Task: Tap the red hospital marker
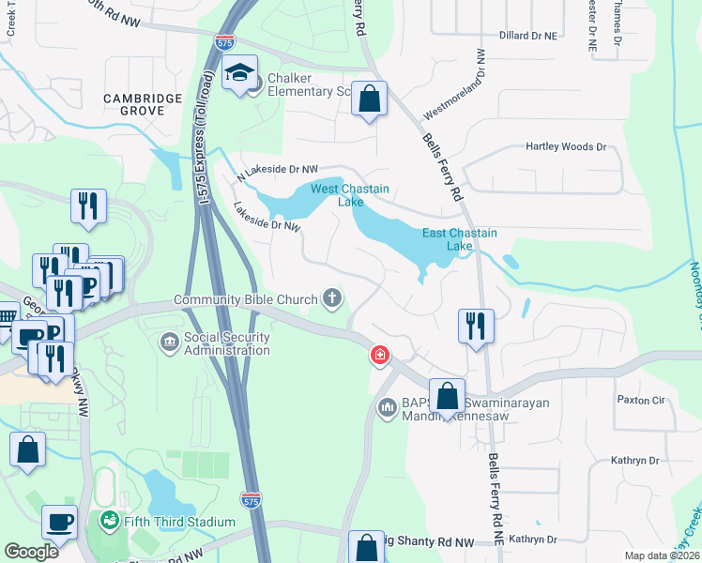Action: [379, 355]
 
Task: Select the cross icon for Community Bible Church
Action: [330, 299]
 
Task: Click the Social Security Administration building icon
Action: [169, 342]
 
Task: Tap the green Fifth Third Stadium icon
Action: [109, 521]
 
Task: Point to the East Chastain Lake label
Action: [459, 239]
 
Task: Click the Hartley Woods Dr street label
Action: [566, 146]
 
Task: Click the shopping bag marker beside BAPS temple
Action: [448, 395]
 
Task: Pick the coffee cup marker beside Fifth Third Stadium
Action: [61, 521]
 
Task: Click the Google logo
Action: [31, 552]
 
